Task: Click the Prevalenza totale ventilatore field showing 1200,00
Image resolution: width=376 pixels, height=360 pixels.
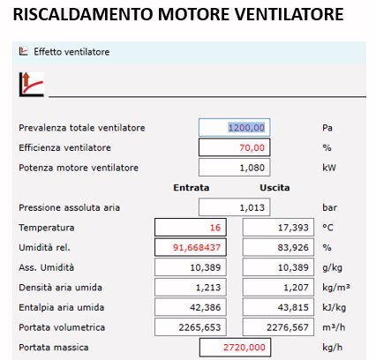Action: tap(234, 128)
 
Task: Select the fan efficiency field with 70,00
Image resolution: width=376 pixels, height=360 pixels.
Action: tap(234, 147)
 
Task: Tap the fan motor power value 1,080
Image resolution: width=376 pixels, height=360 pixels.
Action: tap(234, 168)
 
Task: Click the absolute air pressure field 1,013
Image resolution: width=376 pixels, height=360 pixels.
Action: tap(234, 207)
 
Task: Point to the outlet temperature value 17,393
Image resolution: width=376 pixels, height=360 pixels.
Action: tap(277, 228)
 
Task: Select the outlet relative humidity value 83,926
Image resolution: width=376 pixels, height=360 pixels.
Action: tap(277, 248)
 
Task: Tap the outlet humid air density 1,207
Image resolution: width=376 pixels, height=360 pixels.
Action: tap(277, 288)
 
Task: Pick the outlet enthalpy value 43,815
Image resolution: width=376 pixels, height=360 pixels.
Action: tap(277, 307)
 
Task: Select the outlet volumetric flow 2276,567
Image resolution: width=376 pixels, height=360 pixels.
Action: tap(277, 327)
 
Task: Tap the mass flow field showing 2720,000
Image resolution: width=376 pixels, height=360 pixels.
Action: tap(234, 348)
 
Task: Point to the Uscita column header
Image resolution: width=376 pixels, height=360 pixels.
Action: tap(274, 188)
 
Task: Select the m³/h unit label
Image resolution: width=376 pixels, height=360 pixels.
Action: tap(332, 327)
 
